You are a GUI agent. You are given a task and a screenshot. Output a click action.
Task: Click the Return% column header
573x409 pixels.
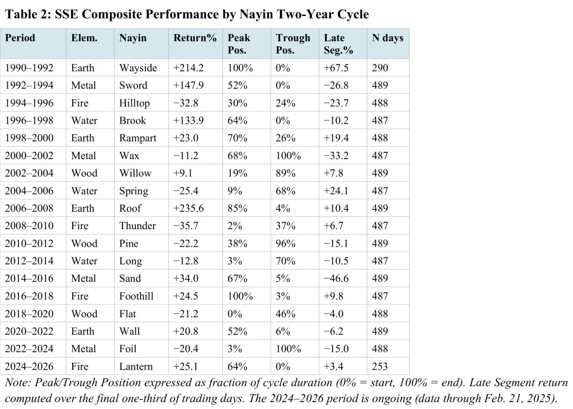tap(195, 38)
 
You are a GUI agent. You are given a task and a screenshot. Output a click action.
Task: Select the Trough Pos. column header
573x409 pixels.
tap(293, 43)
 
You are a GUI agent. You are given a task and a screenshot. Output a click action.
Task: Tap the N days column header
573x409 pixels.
tap(387, 38)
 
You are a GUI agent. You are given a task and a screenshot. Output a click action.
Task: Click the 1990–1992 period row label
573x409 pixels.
tap(29, 67)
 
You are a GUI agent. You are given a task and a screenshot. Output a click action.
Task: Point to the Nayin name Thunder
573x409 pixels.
tap(137, 225)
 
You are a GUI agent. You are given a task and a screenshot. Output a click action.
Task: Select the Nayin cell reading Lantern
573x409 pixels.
tap(136, 366)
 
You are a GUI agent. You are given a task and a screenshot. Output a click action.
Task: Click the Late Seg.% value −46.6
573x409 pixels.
tap(336, 278)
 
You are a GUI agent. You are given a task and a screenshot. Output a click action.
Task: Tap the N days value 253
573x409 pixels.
tap(380, 366)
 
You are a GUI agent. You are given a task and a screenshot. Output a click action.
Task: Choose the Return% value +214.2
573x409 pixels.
tap(188, 67)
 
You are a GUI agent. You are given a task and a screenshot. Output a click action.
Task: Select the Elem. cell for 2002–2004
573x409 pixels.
tap(84, 173)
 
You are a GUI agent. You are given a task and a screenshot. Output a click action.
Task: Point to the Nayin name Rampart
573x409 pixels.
tap(138, 138)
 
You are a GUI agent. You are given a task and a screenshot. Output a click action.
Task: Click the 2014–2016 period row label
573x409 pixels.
tap(29, 278)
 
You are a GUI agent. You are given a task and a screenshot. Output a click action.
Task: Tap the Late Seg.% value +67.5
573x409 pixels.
tap(336, 67)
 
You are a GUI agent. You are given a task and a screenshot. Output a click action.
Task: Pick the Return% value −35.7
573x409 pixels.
tap(186, 225)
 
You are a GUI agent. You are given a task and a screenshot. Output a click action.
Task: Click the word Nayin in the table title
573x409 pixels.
tap(255, 14)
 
